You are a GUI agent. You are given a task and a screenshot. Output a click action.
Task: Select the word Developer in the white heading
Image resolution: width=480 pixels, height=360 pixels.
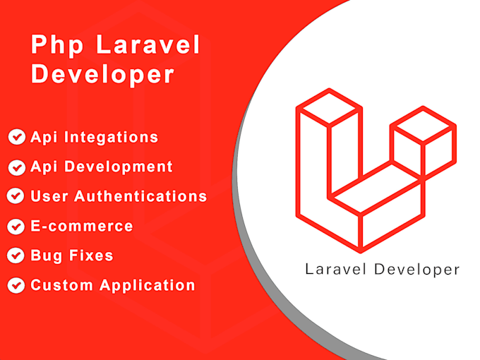tap(102, 76)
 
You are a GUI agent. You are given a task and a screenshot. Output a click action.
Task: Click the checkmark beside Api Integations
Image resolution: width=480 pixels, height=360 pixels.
tap(16, 137)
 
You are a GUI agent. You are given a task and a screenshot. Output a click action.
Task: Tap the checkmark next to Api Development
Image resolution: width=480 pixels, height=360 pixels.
tap(16, 167)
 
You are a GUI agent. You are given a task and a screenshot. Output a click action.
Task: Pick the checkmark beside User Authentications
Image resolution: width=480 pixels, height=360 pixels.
tap(15, 196)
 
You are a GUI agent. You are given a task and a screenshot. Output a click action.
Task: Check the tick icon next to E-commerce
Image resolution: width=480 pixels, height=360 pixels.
tap(16, 227)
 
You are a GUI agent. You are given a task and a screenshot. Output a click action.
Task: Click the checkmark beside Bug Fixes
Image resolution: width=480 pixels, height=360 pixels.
tap(16, 256)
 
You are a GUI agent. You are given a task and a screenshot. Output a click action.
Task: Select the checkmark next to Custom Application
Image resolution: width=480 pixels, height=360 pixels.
tap(16, 286)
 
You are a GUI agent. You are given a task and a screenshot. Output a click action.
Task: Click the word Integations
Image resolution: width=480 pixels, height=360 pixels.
tap(112, 137)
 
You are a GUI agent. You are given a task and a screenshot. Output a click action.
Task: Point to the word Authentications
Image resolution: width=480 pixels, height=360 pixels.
tap(140, 196)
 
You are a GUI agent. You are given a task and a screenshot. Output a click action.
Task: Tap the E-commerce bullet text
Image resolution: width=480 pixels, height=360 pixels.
tap(81, 227)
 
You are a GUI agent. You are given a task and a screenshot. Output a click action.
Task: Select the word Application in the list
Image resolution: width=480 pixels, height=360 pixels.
tap(147, 286)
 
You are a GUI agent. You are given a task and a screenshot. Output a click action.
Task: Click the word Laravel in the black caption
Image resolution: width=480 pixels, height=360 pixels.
tap(335, 269)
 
